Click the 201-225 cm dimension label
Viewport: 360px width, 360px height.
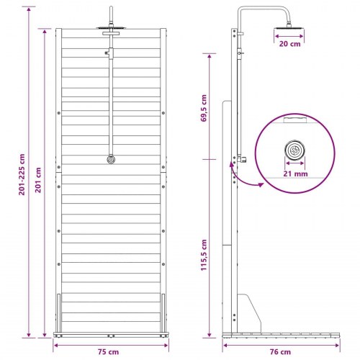click(22, 174)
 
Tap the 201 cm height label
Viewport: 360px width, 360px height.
click(38, 180)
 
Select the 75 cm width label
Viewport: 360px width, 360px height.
click(108, 352)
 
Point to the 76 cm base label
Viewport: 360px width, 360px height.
click(280, 352)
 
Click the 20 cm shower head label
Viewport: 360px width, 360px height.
click(289, 44)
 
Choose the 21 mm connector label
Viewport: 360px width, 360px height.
click(295, 174)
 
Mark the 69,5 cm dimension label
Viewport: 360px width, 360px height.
click(204, 108)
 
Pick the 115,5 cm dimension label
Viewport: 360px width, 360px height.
click(204, 255)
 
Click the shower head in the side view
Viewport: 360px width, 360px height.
click(289, 27)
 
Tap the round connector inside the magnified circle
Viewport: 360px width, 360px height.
click(295, 150)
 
